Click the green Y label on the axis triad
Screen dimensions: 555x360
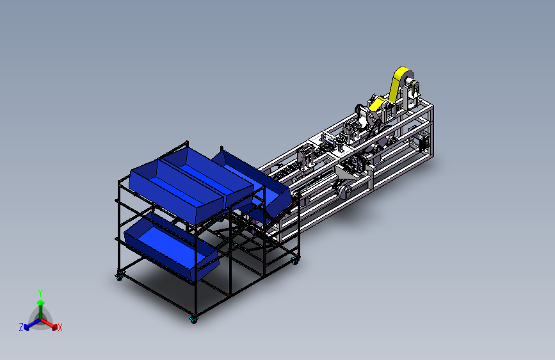pos(40,293)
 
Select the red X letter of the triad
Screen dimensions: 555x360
pos(60,328)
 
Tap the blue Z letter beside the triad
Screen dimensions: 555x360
pos(21,327)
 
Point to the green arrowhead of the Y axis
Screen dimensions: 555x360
pos(41,302)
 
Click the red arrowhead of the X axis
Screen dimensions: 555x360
pos(54,327)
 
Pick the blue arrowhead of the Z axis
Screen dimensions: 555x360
pos(26,327)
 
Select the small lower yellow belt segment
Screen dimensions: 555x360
pos(376,104)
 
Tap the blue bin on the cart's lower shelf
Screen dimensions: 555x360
pos(172,248)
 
